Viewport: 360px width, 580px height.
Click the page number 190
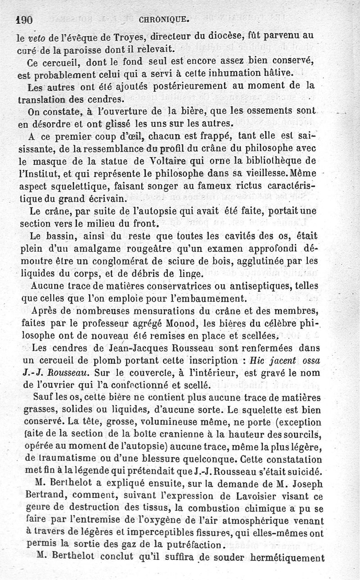[25, 20]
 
